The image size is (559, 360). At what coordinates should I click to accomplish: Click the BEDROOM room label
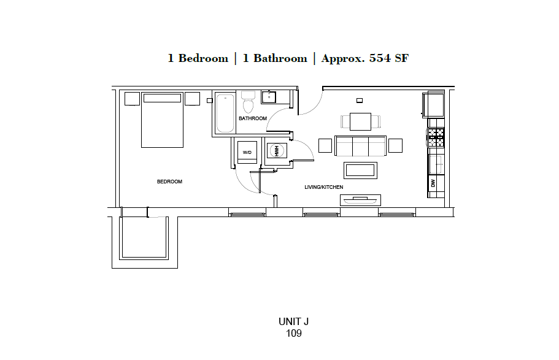point(169,182)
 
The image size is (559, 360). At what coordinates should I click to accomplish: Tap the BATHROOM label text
point(253,118)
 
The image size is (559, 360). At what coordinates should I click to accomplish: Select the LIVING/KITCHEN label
point(323,187)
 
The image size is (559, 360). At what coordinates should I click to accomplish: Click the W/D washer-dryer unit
point(247,151)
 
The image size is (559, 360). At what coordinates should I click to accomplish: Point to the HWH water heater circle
point(276,150)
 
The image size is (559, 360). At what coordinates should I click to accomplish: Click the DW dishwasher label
point(433,183)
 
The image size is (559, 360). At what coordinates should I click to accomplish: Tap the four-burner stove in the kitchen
point(436,137)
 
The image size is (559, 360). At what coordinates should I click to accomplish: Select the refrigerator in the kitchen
point(434,104)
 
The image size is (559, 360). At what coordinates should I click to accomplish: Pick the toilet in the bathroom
point(247,99)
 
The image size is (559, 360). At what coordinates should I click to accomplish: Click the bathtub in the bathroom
point(225,113)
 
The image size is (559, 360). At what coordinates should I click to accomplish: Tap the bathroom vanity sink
point(269,97)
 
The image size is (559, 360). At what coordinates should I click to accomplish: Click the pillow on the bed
point(162,98)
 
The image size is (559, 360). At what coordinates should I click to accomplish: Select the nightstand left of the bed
point(133,99)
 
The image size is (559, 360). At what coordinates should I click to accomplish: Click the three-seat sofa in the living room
point(360,145)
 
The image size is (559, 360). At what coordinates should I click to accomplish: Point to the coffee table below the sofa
point(360,170)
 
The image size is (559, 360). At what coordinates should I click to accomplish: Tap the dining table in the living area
point(360,121)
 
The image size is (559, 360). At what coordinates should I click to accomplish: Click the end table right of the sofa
point(395,145)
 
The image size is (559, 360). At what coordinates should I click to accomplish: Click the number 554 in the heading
point(380,59)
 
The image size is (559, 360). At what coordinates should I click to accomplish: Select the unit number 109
point(294,334)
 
